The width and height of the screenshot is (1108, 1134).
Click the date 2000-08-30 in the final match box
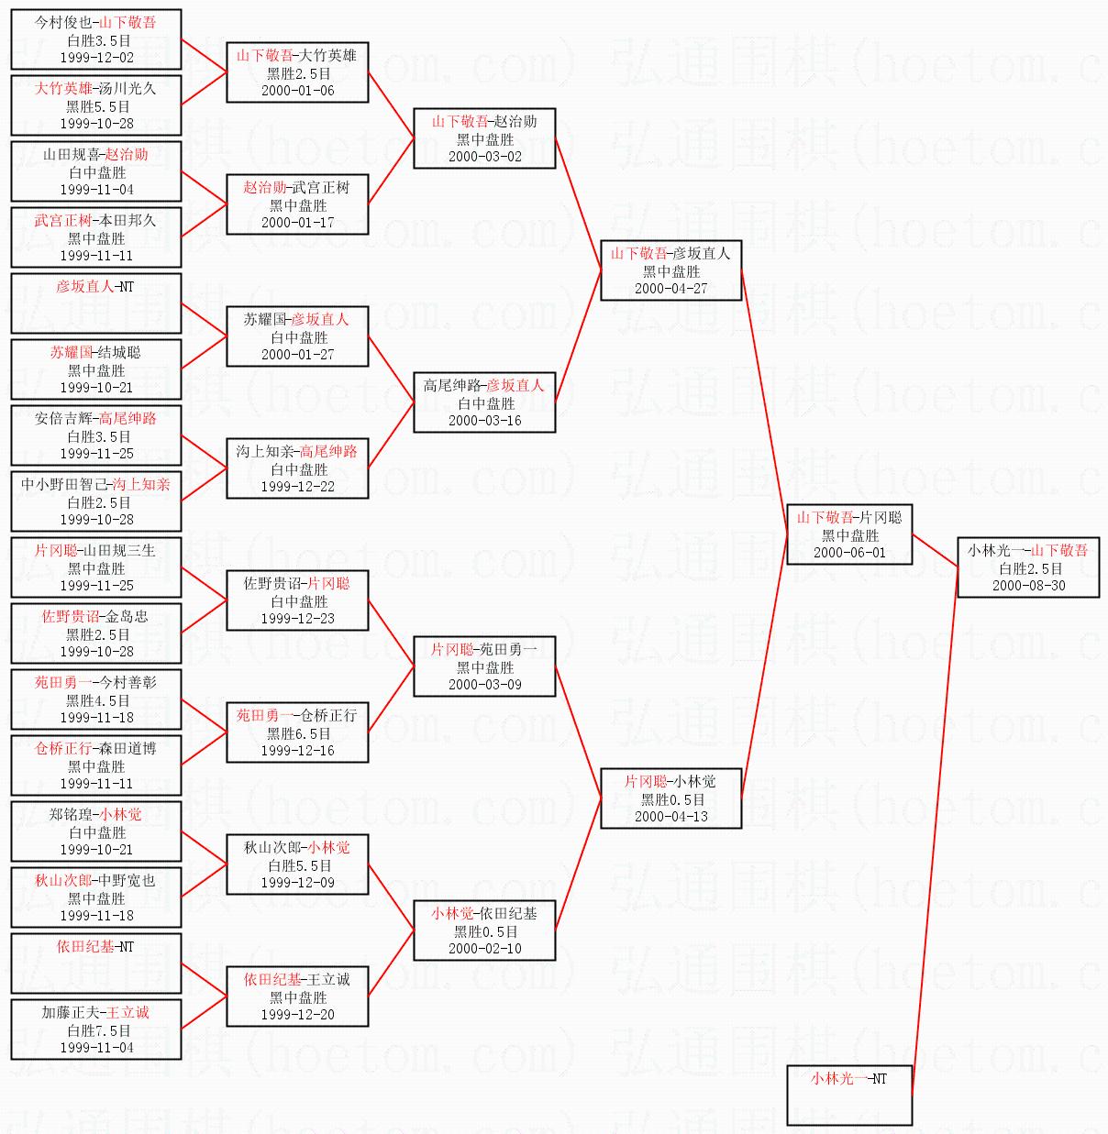point(1029,586)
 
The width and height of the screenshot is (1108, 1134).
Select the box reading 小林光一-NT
point(849,1095)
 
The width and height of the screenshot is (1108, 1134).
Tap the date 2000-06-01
point(849,553)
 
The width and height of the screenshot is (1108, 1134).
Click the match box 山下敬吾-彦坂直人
point(671,270)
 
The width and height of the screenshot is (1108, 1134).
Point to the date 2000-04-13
point(671,817)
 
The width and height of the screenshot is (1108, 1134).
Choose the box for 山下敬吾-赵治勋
point(484,138)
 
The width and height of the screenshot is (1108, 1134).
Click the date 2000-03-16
point(484,420)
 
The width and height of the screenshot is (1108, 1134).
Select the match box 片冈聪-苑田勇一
point(484,666)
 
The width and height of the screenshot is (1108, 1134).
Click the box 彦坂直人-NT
point(96,303)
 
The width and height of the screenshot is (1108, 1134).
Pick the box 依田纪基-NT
point(96,963)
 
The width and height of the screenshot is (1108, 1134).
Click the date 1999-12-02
point(97,58)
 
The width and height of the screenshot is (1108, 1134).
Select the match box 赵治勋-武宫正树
point(297,204)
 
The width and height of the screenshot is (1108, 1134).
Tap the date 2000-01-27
point(297,354)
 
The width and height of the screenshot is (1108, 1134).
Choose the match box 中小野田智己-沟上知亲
point(96,501)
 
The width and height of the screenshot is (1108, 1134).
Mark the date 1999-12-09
point(297,882)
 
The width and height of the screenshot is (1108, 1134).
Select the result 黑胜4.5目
point(97,700)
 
